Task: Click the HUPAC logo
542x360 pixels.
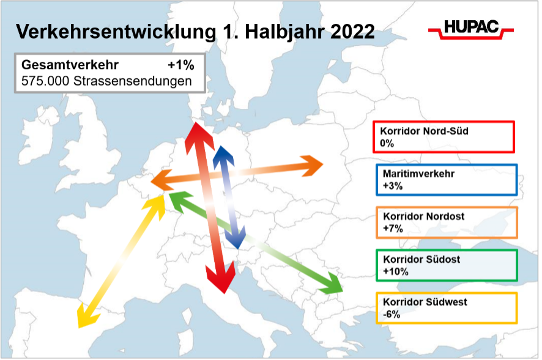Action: pyautogui.click(x=471, y=29)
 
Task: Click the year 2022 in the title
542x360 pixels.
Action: pyautogui.click(x=352, y=32)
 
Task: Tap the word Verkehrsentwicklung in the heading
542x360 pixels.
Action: pyautogui.click(x=116, y=32)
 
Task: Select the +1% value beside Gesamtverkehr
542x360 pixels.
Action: pyautogui.click(x=181, y=65)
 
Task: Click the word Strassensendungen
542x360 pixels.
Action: pyautogui.click(x=133, y=81)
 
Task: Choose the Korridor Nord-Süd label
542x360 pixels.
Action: pyautogui.click(x=424, y=131)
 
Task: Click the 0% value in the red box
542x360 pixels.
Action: pyautogui.click(x=387, y=144)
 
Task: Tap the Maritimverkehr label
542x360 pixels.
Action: pyautogui.click(x=418, y=174)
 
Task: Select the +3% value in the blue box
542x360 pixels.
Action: pyautogui.click(x=393, y=186)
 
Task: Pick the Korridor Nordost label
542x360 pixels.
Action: pyautogui.click(x=424, y=216)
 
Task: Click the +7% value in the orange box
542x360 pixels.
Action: pyautogui.click(x=393, y=229)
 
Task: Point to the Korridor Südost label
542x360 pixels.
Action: pyautogui.click(x=421, y=260)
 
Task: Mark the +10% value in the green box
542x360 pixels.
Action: pyautogui.click(x=396, y=271)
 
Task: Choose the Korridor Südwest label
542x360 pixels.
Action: pyautogui.click(x=425, y=302)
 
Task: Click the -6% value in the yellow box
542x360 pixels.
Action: pyautogui.click(x=392, y=314)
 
